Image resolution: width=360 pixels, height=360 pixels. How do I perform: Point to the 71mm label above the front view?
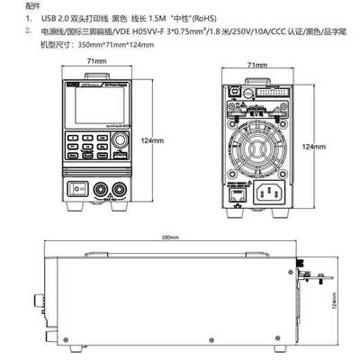point(93,61)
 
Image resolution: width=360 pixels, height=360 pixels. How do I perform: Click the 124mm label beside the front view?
point(156,141)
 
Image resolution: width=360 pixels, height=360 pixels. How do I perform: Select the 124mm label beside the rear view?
point(314,146)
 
